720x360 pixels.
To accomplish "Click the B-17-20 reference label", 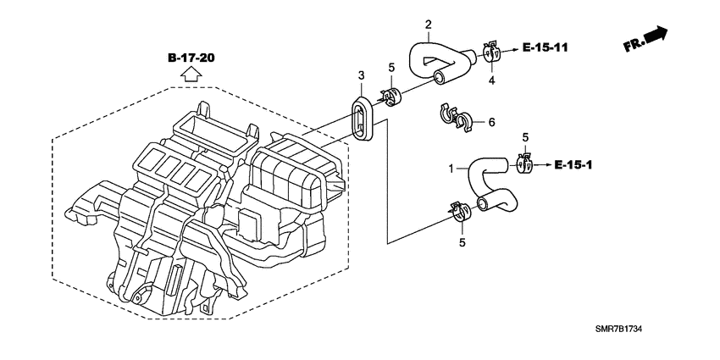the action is (191, 58).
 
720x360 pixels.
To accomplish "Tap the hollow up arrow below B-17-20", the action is (191, 73).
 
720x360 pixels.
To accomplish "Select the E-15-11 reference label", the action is (545, 47).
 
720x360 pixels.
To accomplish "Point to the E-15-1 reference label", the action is (573, 165).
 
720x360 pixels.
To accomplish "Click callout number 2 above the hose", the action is (428, 24).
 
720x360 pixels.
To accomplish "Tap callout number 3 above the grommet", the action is (362, 75).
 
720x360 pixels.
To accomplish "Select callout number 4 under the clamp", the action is (491, 80).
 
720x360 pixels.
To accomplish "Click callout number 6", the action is (491, 122).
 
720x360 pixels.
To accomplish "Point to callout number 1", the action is (451, 169).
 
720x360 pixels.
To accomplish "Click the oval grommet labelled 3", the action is (363, 117).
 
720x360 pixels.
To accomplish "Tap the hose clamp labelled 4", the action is (490, 52).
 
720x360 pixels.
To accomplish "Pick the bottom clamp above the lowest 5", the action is (460, 212).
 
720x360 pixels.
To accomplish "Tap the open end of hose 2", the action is (440, 78).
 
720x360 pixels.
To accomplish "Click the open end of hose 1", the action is (484, 203).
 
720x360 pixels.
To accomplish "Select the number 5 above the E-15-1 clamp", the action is (525, 137).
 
